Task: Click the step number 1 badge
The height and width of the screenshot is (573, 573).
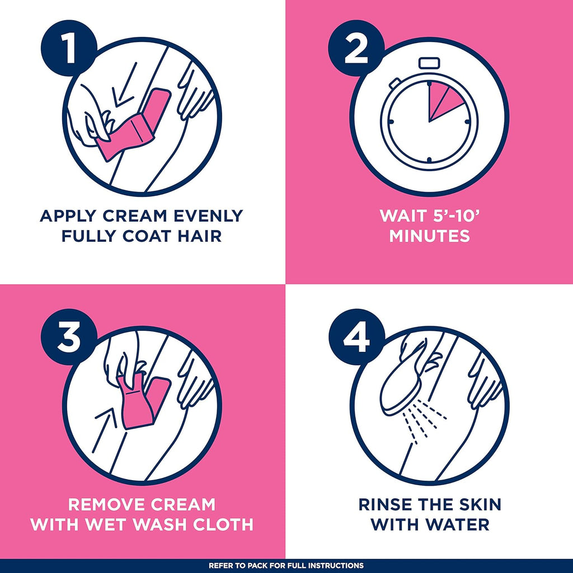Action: pyautogui.click(x=69, y=48)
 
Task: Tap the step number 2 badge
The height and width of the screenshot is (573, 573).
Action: pyautogui.click(x=356, y=48)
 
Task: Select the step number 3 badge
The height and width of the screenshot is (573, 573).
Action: pyautogui.click(x=69, y=337)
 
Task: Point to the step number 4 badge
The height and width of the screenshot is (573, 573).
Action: pyautogui.click(x=356, y=337)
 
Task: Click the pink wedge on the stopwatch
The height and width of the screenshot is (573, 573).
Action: pyautogui.click(x=442, y=102)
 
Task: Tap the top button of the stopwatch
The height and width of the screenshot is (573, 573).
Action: pyautogui.click(x=429, y=63)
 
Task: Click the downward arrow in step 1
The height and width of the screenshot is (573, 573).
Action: pyautogui.click(x=125, y=85)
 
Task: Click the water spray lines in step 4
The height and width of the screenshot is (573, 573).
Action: pyautogui.click(x=424, y=421)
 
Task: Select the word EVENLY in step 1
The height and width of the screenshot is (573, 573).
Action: pyautogui.click(x=208, y=216)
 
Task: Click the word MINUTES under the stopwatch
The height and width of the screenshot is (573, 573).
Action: pyautogui.click(x=429, y=236)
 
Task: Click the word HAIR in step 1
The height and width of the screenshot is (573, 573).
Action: pyautogui.click(x=200, y=236)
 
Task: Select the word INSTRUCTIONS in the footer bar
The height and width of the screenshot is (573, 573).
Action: pyautogui.click(x=333, y=566)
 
